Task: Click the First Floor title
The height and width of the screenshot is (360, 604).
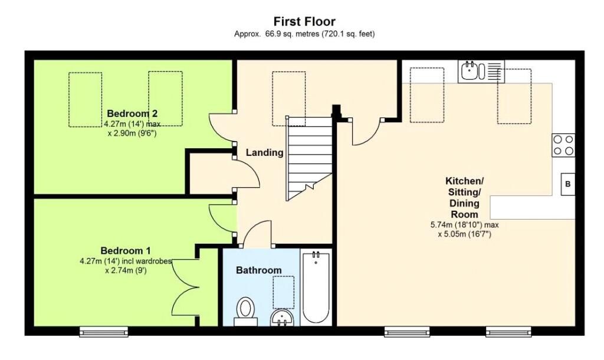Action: (x=304, y=22)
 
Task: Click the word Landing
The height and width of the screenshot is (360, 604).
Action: (x=265, y=152)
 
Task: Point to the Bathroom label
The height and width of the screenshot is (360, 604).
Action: (x=259, y=270)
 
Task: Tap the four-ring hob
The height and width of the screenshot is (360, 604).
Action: (x=563, y=145)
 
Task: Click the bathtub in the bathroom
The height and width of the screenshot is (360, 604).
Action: (x=316, y=287)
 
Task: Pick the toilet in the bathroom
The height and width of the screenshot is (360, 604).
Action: (x=245, y=310)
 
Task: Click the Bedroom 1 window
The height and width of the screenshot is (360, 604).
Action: (x=96, y=332)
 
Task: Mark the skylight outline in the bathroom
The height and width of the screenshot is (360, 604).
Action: (x=283, y=292)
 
